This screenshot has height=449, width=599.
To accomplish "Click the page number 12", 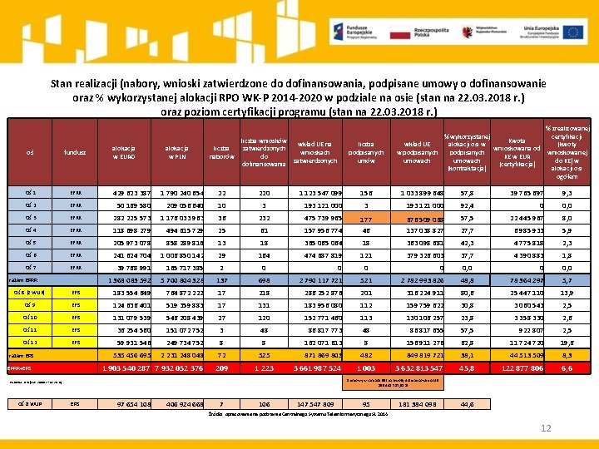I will point(547,428).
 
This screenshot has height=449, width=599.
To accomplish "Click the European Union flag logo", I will point(572,32).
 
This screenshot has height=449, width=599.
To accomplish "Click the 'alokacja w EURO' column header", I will point(124,152).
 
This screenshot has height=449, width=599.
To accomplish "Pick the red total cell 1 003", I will point(366,368).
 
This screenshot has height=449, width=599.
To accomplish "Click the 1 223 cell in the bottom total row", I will point(264,368).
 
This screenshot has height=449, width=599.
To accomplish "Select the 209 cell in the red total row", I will point(221,368).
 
